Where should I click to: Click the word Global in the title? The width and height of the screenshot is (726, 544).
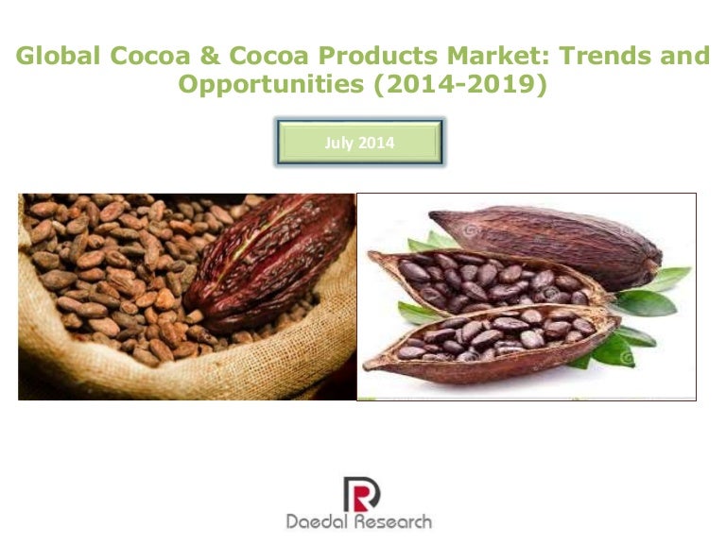[x=57, y=57]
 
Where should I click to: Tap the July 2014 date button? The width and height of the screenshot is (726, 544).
[x=359, y=144]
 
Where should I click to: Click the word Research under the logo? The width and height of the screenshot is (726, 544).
[x=394, y=520]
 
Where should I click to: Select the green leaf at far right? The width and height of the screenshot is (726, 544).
[x=665, y=280]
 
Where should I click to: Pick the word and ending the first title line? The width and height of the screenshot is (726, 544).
[x=683, y=57]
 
